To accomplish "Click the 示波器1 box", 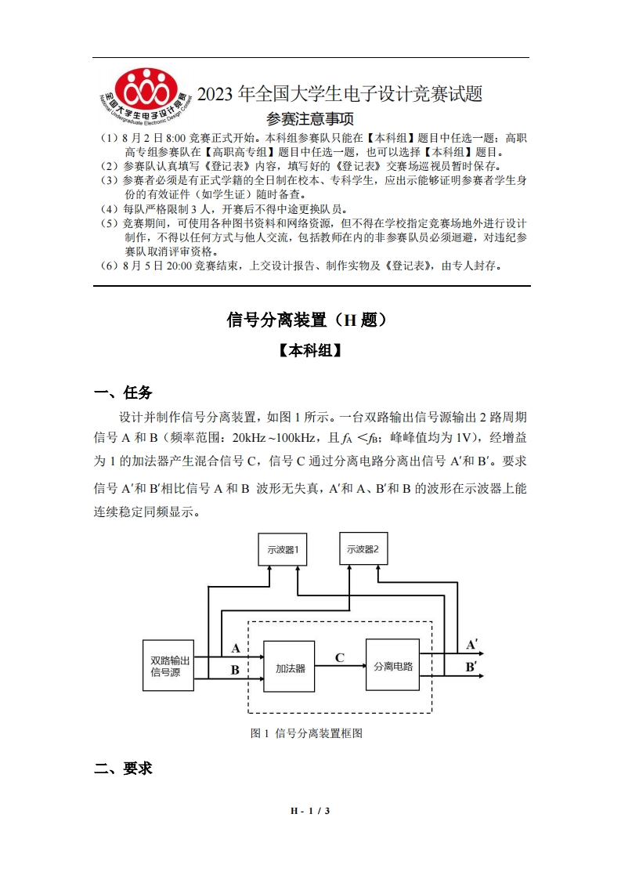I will click(283, 549).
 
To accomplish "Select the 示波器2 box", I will click(363, 549).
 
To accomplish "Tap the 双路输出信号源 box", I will click(170, 666).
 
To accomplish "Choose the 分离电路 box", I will click(392, 666).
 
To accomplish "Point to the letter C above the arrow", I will click(340, 657).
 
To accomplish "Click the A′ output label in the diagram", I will click(472, 646).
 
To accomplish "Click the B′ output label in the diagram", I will click(472, 667).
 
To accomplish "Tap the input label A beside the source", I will click(236, 649).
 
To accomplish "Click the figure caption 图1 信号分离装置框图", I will click(306, 734).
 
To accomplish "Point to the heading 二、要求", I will click(123, 769).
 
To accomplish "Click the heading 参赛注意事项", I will click(310, 119).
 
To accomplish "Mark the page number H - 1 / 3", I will click(310, 811).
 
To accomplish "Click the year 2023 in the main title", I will click(215, 95).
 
